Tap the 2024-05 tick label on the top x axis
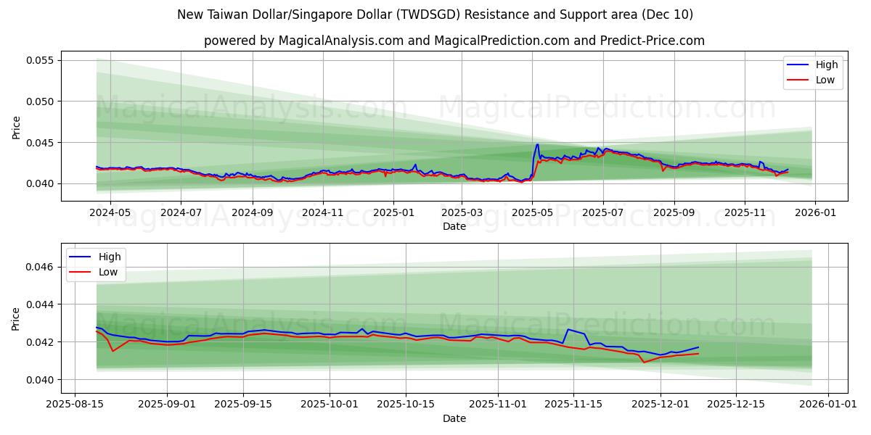(110, 213)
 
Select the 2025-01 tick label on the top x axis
(393, 213)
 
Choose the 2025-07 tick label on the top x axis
(602, 213)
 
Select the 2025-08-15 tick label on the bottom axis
(75, 405)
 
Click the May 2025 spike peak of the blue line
(537, 144)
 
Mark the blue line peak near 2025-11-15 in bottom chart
(568, 329)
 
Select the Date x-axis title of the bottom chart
(454, 418)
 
